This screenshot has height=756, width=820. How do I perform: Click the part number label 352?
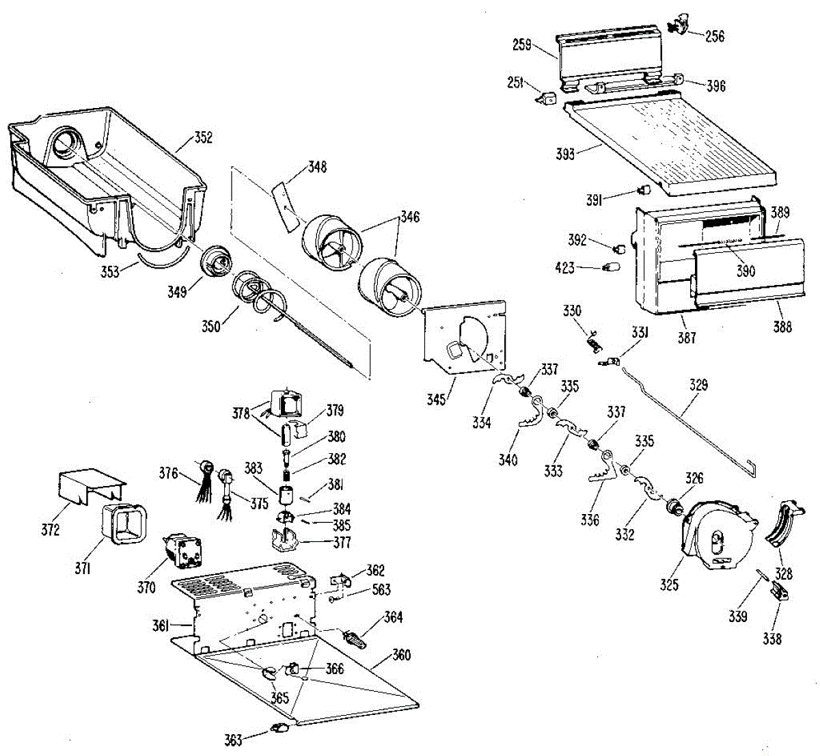pos(204,138)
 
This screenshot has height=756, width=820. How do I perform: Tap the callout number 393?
pos(565,154)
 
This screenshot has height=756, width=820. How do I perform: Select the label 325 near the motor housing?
pos(669,584)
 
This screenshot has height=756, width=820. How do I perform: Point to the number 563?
pos(381,589)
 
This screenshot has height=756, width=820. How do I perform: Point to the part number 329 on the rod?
pos(698,385)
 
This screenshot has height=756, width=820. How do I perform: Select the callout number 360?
pos(401,655)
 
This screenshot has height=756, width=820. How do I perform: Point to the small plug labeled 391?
pos(644,190)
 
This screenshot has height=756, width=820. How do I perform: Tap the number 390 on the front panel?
pos(746,271)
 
